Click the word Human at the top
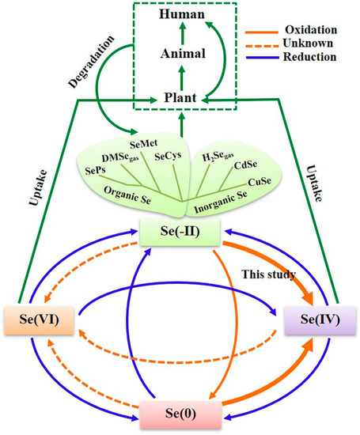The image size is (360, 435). pos(180,14)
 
